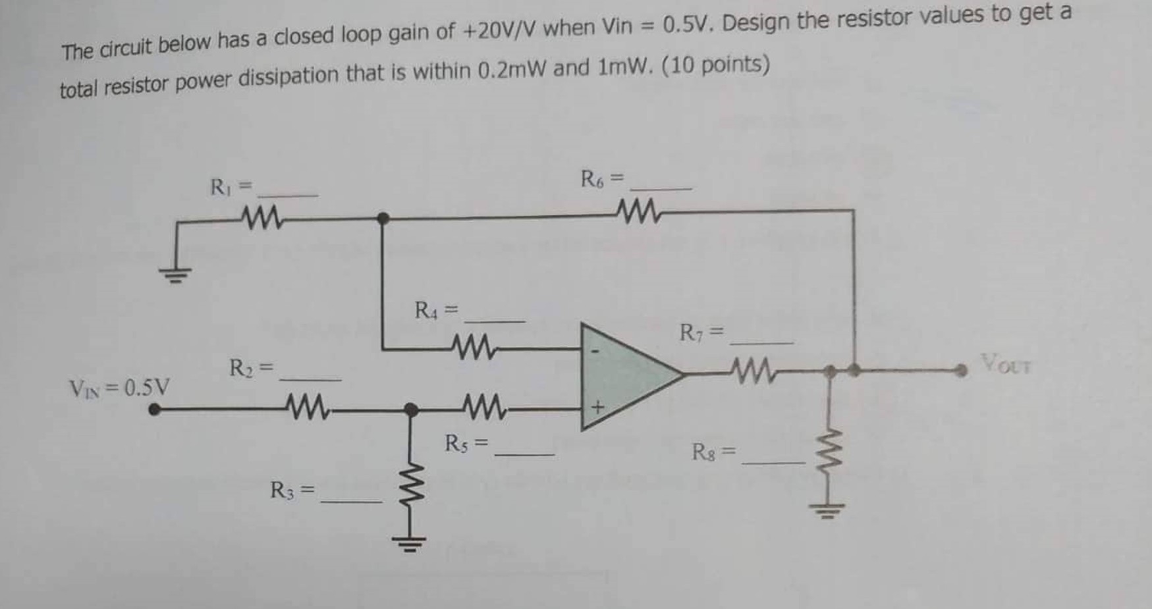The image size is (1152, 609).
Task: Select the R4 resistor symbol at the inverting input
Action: tap(472, 344)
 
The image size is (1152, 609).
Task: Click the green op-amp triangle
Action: tap(626, 375)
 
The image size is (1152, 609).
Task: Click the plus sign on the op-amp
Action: tap(596, 408)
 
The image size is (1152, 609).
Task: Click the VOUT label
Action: tap(1006, 364)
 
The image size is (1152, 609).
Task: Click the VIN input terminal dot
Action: tap(154, 410)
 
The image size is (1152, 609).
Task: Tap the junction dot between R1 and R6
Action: tap(382, 218)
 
